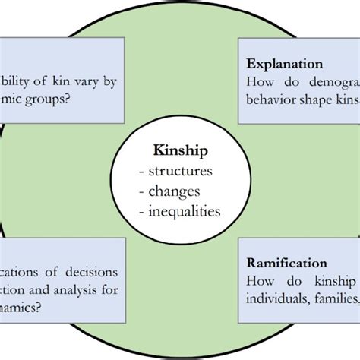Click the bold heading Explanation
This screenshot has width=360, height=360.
(x=285, y=65)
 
